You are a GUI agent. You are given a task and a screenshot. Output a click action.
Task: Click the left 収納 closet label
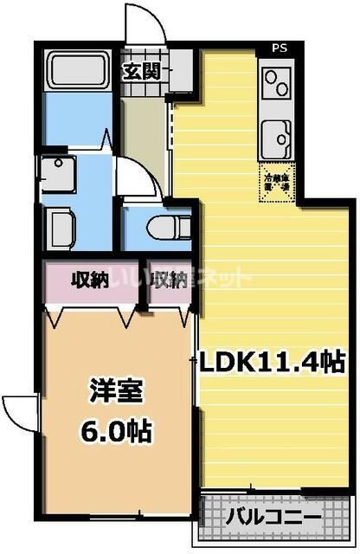pos(88,280)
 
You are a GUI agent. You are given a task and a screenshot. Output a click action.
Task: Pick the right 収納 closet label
pos(169,280)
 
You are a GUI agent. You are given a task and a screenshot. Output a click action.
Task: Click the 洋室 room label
pos(109,390)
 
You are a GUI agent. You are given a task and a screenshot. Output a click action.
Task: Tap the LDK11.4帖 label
pos(273,362)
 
